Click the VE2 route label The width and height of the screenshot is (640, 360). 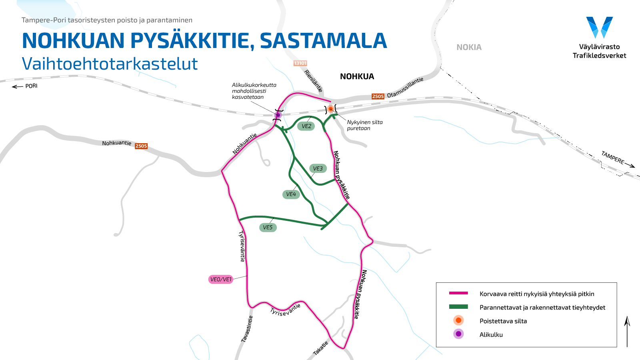click(x=306, y=126)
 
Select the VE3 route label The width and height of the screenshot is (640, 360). click(x=318, y=168)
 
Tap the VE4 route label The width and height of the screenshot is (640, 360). click(x=291, y=194)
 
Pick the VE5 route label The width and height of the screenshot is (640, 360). click(x=268, y=228)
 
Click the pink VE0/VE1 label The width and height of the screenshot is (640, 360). click(x=221, y=279)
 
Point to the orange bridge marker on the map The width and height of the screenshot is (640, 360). click(x=330, y=108)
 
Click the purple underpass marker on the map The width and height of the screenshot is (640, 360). click(x=278, y=115)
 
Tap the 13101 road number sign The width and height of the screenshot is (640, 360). click(x=300, y=63)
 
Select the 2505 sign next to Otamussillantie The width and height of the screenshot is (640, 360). click(x=378, y=96)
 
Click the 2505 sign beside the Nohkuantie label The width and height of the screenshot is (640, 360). click(x=141, y=146)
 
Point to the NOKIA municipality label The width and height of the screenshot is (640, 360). click(x=469, y=47)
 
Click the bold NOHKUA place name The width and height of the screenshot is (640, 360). click(x=357, y=76)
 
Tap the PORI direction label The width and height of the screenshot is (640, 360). click(x=31, y=86)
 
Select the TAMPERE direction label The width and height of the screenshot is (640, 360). click(x=612, y=158)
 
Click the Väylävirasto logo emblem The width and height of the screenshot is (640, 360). click(x=599, y=27)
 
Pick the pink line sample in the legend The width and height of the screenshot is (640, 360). click(x=458, y=293)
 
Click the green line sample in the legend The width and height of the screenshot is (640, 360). click(x=458, y=307)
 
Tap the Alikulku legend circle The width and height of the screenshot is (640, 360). click(x=458, y=334)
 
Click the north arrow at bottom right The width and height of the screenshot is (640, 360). click(x=627, y=331)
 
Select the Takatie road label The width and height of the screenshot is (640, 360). click(x=320, y=348)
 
